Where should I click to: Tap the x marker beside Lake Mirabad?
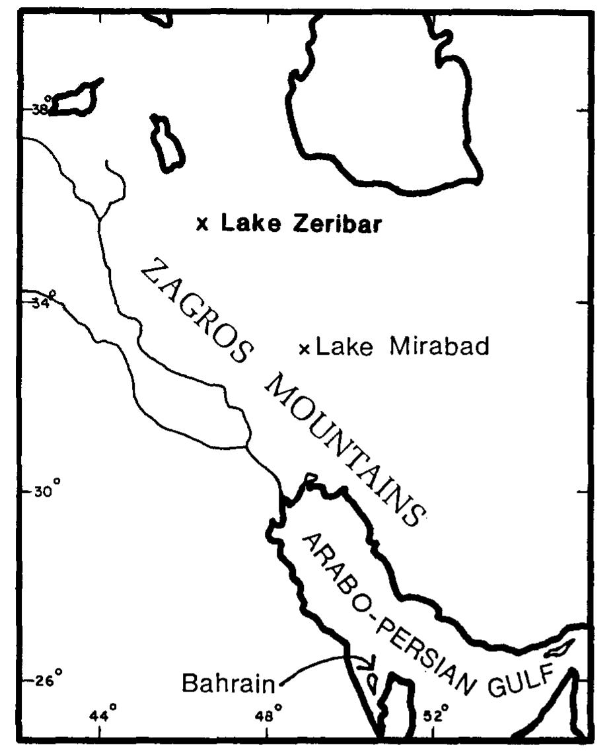point(304,348)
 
